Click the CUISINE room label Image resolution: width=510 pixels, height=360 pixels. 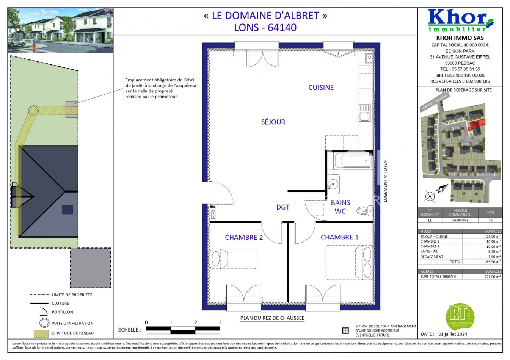[x=321, y=88]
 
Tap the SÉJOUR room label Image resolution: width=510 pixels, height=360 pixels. [x=273, y=122]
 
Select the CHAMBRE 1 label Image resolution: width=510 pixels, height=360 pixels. [x=339, y=237]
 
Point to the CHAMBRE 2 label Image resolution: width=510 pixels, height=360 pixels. [x=244, y=238]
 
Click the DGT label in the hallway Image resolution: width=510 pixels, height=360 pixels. [x=283, y=207]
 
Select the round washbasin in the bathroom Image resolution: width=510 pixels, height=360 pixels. [x=333, y=184]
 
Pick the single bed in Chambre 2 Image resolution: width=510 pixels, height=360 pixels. [x=234, y=259]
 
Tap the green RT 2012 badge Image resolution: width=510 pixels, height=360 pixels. [x=460, y=315]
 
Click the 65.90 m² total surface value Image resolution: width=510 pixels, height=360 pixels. [x=493, y=262]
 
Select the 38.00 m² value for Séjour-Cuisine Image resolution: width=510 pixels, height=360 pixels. [x=493, y=236]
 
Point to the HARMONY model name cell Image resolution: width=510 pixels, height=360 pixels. [x=460, y=220]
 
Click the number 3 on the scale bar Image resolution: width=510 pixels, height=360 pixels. [x=220, y=322]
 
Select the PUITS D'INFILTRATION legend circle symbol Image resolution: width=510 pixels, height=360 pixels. [x=45, y=323]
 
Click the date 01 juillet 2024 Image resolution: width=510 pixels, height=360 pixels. [x=453, y=334]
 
